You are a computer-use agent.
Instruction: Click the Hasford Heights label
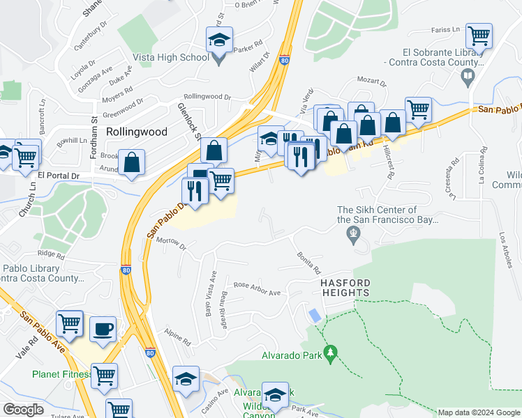point(345,288)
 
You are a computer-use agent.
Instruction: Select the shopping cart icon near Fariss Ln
point(479,36)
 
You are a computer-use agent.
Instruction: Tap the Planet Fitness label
point(61,374)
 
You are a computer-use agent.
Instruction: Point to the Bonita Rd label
point(308,263)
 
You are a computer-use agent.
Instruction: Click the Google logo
point(23,409)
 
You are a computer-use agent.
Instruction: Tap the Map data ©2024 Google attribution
point(478,412)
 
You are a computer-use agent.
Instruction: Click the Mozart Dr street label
point(372,80)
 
